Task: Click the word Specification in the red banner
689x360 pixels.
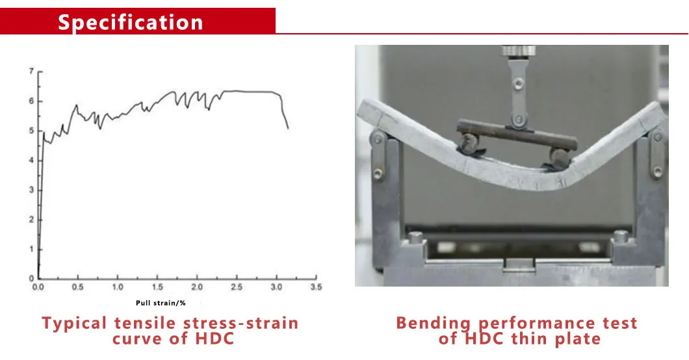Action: pyautogui.click(x=131, y=22)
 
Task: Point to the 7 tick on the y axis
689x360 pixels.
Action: pyautogui.click(x=32, y=71)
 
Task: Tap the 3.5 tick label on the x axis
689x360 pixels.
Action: pyautogui.click(x=317, y=287)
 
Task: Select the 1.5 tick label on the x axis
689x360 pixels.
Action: pyautogui.click(x=158, y=287)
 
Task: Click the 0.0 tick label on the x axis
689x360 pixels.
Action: pyautogui.click(x=39, y=287)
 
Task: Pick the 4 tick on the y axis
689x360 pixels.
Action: pyautogui.click(x=32, y=160)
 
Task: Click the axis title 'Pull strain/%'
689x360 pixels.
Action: pyautogui.click(x=161, y=303)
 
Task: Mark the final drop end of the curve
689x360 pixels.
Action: pyautogui.click(x=288, y=127)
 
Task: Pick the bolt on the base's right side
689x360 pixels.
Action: pyautogui.click(x=620, y=237)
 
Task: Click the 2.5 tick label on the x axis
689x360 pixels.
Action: pyautogui.click(x=237, y=287)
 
